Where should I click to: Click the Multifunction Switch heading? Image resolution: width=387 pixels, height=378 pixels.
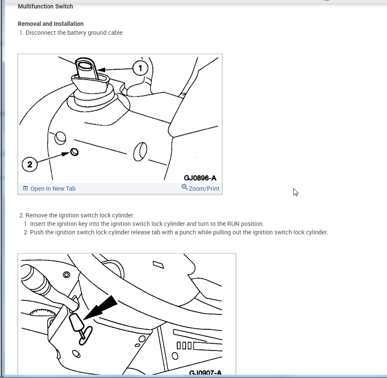(x=45, y=6)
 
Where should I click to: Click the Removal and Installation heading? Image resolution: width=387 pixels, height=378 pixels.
(x=50, y=24)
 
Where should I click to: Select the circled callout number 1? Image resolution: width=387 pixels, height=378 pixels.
(x=140, y=68)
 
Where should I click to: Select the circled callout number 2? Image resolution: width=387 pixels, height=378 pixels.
(x=30, y=164)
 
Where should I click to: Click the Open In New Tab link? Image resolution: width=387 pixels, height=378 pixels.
(x=53, y=189)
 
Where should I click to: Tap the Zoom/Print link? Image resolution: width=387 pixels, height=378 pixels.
(x=204, y=189)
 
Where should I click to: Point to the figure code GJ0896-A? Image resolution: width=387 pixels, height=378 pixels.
(x=200, y=178)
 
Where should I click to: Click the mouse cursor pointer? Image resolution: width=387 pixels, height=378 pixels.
(x=296, y=192)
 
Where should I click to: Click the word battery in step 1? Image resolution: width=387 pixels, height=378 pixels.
(x=77, y=33)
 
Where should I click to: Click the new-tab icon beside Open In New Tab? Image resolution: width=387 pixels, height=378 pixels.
(x=25, y=189)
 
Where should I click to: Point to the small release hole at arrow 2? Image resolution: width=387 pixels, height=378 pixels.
(x=74, y=152)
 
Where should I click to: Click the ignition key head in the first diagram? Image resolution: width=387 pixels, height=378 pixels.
(x=85, y=68)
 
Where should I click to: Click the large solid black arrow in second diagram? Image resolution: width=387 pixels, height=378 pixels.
(x=101, y=308)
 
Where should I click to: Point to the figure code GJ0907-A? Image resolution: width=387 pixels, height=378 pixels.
(x=205, y=372)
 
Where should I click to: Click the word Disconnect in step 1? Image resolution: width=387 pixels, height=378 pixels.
(x=40, y=33)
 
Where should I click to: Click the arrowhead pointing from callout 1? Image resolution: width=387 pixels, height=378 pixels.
(x=102, y=70)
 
